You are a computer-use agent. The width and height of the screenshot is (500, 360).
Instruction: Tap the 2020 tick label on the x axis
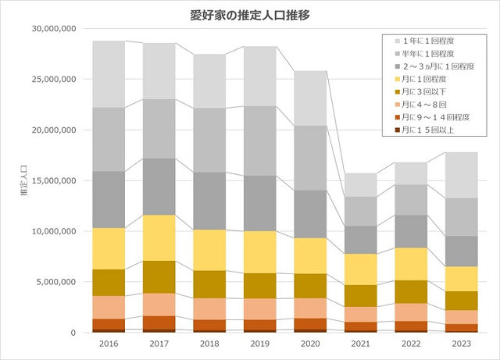point(309,344)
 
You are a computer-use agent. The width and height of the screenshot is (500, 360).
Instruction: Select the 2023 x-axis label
point(461,344)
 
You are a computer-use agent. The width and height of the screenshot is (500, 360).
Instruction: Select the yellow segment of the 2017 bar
point(159,237)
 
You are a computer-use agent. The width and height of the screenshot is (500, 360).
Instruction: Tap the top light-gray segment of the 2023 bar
point(461,175)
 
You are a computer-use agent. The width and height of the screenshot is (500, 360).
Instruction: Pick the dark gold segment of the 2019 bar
point(259,285)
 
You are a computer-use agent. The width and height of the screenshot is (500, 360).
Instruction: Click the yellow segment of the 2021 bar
point(360,269)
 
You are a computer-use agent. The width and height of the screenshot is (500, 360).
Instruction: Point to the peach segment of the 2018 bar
point(209,308)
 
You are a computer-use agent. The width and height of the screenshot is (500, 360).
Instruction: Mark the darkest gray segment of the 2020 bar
point(309,214)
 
